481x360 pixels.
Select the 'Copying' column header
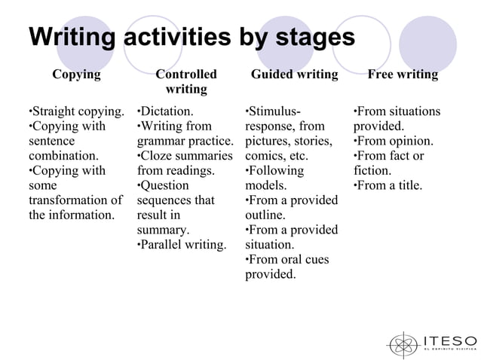pyautogui.click(x=76, y=75)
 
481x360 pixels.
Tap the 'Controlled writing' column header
pyautogui.click(x=185, y=82)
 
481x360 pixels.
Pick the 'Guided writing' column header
pyautogui.click(x=294, y=75)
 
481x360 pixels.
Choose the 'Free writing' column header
pyautogui.click(x=402, y=75)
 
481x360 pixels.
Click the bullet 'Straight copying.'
pyautogui.click(x=76, y=111)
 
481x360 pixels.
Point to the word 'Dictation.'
pyautogui.click(x=167, y=111)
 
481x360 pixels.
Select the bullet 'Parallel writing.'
pyautogui.click(x=182, y=245)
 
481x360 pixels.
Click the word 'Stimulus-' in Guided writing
pyautogui.click(x=275, y=111)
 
